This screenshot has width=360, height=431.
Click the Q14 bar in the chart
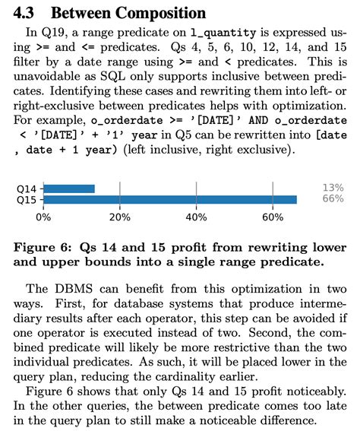(69, 188)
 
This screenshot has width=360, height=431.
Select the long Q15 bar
(170, 199)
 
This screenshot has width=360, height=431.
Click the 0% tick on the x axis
(43, 217)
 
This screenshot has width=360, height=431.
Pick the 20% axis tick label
(120, 217)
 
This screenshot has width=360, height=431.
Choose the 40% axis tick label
(197, 217)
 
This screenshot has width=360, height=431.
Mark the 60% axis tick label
(273, 217)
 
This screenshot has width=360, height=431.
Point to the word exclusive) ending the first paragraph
(263, 151)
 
